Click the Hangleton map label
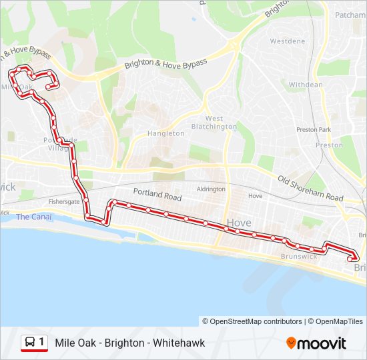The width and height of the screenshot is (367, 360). pyautogui.click(x=166, y=133)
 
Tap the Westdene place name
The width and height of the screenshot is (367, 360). pyautogui.click(x=288, y=41)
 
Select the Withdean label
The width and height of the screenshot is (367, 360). pyautogui.click(x=306, y=85)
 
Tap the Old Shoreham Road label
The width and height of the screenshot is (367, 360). pyautogui.click(x=310, y=189)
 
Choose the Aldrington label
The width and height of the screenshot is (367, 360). pyautogui.click(x=211, y=189)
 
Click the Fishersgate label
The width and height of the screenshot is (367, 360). pyautogui.click(x=64, y=201)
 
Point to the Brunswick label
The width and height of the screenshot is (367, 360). pyautogui.click(x=299, y=256)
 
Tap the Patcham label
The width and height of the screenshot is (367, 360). pyautogui.click(x=350, y=15)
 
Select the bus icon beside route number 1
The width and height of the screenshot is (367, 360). pyautogui.click(x=30, y=343)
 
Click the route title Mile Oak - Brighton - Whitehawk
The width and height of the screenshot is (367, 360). pyautogui.click(x=130, y=343)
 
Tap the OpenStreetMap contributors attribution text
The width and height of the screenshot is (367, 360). pyautogui.click(x=252, y=321)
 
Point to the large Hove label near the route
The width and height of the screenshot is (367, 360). pyautogui.click(x=238, y=223)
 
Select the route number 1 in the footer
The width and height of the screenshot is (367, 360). pyautogui.click(x=41, y=343)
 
